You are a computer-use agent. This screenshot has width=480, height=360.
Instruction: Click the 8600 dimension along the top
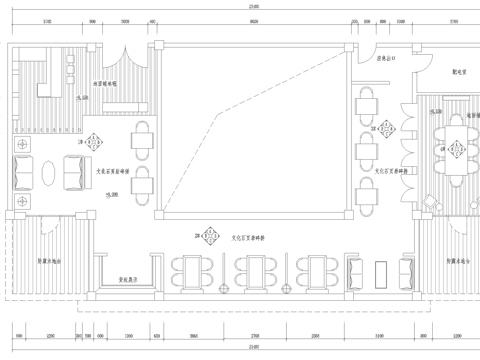click(x=254, y=20)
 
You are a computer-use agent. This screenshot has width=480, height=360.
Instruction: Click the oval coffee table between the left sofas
click(x=46, y=174)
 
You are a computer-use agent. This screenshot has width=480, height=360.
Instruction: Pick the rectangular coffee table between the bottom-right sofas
click(x=382, y=273)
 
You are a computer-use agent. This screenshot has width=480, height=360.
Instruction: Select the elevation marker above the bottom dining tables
click(x=212, y=238)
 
